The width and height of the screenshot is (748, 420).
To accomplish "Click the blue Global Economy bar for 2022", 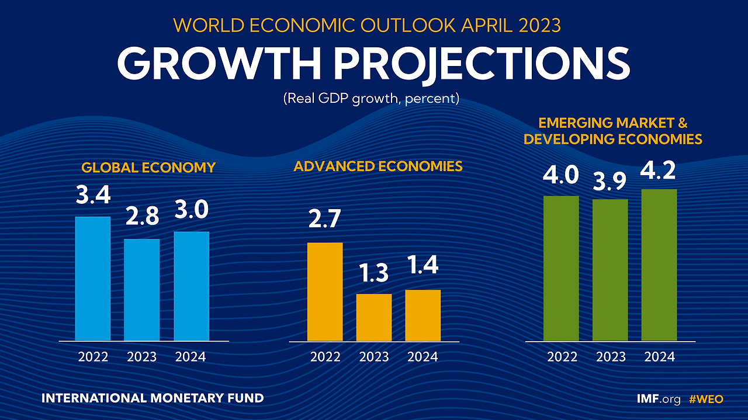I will click(x=93, y=279).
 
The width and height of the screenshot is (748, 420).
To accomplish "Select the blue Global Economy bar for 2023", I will click(x=142, y=290).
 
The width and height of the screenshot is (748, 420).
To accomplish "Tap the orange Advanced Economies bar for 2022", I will click(x=325, y=291).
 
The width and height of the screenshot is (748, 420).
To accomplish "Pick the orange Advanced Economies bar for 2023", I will click(x=374, y=317).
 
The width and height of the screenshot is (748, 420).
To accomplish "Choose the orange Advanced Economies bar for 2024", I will click(x=423, y=315).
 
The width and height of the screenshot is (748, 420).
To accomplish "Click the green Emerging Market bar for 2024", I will click(x=659, y=265).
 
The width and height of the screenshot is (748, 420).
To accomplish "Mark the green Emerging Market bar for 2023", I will click(x=610, y=270).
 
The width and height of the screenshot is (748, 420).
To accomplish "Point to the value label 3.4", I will click(x=93, y=195).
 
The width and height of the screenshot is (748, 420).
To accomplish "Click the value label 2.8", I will click(x=142, y=217).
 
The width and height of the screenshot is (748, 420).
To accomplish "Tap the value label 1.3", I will click(x=374, y=273).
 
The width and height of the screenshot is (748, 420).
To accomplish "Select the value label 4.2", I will click(x=659, y=170).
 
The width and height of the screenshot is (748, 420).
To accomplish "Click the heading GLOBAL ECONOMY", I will click(x=148, y=168).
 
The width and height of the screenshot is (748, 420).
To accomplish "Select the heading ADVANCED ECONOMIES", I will click(x=378, y=166).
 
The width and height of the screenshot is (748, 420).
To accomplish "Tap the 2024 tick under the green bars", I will click(x=659, y=356).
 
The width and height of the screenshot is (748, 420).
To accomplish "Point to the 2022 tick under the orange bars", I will click(x=325, y=356).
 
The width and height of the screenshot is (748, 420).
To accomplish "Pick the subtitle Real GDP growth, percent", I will click(x=372, y=98).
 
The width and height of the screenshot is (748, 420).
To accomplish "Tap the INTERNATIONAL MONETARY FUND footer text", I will click(x=153, y=398).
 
